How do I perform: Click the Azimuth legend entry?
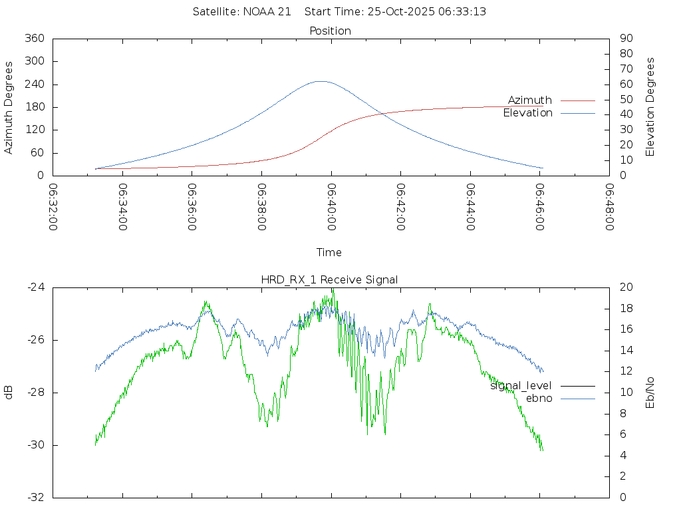pos(530,100)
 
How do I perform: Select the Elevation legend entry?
pos(528,113)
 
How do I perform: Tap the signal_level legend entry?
pos(521,386)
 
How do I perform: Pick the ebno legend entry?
pos(539,399)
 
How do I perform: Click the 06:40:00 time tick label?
pos(331,207)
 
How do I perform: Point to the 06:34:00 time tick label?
pos(122,207)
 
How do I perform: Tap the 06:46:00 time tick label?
pos(540,207)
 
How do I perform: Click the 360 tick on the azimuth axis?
pos(34,39)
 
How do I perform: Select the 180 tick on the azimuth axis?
pos(34,107)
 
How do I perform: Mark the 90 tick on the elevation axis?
pos(625,39)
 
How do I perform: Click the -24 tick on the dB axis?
pos(35,287)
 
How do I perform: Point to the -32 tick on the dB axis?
pos(35,498)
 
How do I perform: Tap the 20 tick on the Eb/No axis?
pos(626,287)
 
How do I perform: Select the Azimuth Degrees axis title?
pos(9,107)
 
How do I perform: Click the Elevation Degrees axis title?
pos(650,107)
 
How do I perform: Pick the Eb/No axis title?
pos(650,393)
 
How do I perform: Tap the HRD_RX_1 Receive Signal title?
pos(330,279)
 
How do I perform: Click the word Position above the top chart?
pos(331,31)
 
